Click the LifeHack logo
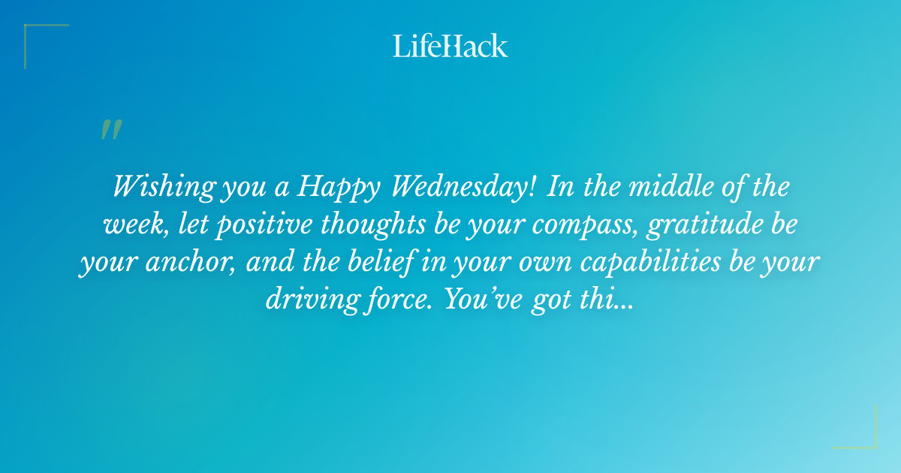[450, 46]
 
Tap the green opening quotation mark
[110, 130]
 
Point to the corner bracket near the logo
[45, 45]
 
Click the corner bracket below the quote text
[855, 427]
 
